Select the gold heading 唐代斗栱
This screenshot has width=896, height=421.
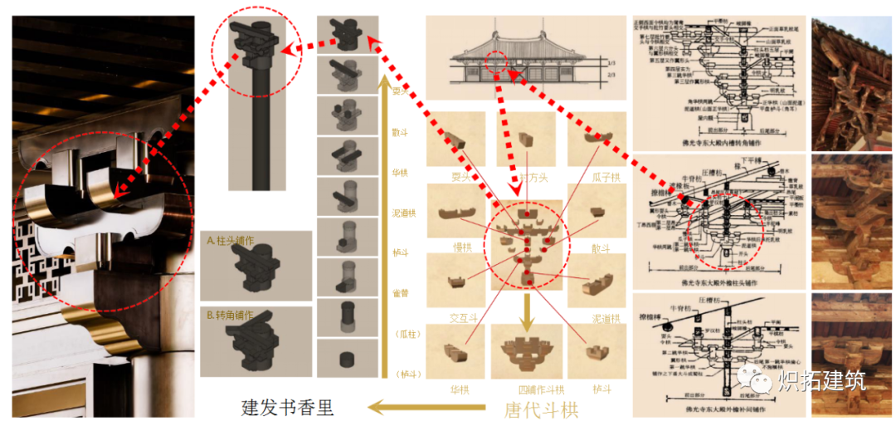coord(541,409)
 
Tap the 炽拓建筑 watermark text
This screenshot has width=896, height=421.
coord(821,381)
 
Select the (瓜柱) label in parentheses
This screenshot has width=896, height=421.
coord(402,333)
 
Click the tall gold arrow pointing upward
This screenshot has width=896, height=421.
coord(382,224)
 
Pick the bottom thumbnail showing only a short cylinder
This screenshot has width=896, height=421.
coord(348,360)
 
